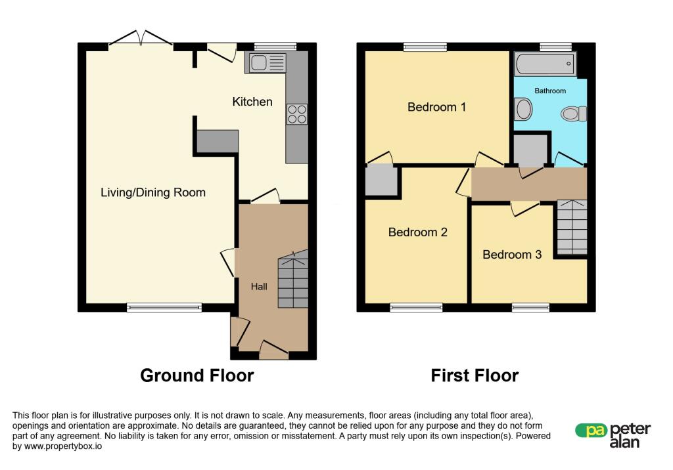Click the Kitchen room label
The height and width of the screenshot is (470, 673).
point(252,102)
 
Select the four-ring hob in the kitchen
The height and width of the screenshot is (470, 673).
point(297,114)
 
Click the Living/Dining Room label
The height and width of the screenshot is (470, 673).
point(153,192)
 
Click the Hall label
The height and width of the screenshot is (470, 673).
point(259,286)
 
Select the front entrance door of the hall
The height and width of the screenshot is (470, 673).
point(274,350)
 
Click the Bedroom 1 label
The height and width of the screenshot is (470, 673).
point(436,107)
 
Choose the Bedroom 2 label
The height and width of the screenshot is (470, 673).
point(417,232)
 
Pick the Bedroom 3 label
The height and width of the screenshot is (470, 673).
point(512,254)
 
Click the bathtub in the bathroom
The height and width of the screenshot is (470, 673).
point(545,64)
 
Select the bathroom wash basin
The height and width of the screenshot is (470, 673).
point(523,109)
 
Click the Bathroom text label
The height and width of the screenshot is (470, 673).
point(550,91)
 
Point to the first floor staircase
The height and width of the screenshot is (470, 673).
point(572,227)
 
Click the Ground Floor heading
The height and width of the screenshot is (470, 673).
point(197,375)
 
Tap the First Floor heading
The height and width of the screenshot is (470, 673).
point(475,375)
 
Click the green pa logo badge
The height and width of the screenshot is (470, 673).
point(592,431)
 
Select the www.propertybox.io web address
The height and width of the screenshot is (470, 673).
point(63,446)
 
